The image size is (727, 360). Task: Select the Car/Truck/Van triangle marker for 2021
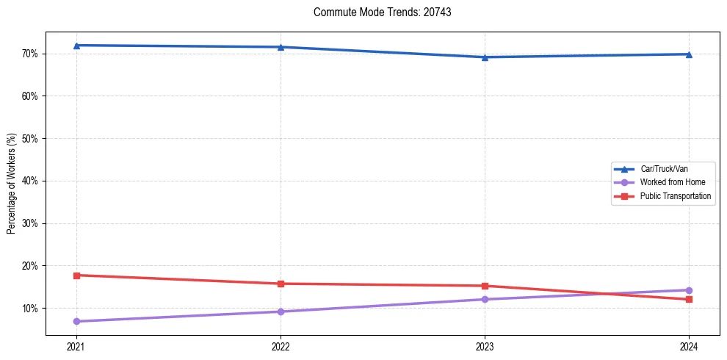76,46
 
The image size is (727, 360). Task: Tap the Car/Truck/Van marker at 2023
485,57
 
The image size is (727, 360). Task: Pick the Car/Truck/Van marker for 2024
689,54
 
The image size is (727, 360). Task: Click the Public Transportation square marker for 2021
76,276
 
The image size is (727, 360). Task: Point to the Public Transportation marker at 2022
281,284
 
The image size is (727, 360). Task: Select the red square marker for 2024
689,299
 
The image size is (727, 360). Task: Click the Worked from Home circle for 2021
76,321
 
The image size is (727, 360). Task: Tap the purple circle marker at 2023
485,299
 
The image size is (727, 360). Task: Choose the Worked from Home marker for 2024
689,290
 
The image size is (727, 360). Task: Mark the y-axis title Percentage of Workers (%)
11,184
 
